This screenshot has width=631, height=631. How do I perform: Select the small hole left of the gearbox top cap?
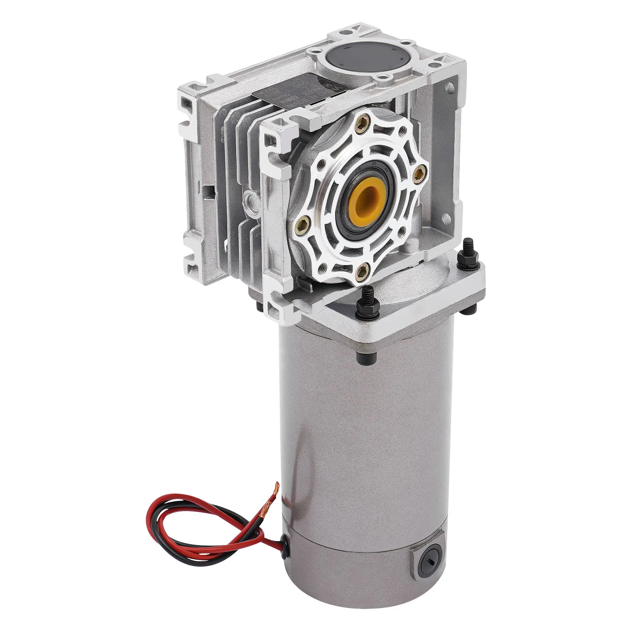pyautogui.click(x=314, y=51)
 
